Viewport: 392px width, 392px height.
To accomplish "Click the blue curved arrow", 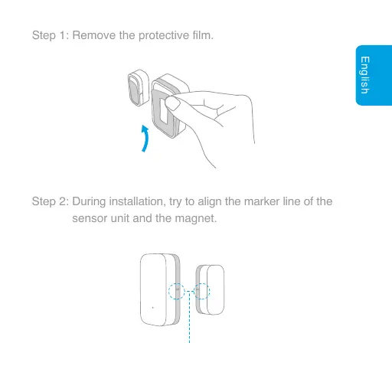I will click(144, 139).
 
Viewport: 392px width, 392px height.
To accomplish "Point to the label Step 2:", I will click(51, 202).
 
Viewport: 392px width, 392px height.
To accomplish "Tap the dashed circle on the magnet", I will click(202, 292).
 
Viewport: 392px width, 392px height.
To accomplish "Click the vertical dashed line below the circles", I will click(190, 325).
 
